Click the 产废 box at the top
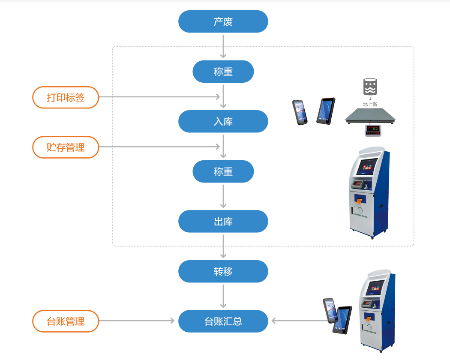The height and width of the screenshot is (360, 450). pyautogui.click(x=223, y=21)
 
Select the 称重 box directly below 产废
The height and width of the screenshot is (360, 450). pyautogui.click(x=223, y=72)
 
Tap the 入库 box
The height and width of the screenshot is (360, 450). pyautogui.click(x=223, y=121)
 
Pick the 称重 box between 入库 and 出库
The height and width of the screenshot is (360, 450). pyautogui.click(x=223, y=171)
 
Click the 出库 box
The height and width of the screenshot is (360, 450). pyautogui.click(x=223, y=221)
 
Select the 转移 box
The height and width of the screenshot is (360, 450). pyautogui.click(x=223, y=271)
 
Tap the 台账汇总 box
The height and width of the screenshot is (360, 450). pyautogui.click(x=223, y=321)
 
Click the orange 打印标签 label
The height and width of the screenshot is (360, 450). pyautogui.click(x=66, y=97)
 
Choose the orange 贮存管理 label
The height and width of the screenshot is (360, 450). pyautogui.click(x=66, y=147)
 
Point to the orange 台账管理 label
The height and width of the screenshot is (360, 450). pyautogui.click(x=66, y=321)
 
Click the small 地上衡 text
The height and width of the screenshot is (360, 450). pyautogui.click(x=370, y=104)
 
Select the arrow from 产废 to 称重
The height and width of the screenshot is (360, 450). pyautogui.click(x=223, y=46)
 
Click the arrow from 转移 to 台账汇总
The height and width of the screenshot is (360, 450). pyautogui.click(x=223, y=296)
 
